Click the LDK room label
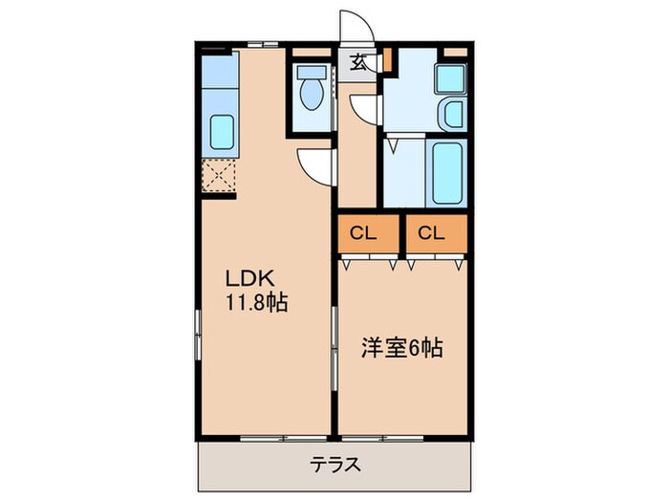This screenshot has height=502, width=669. pyautogui.click(x=250, y=278)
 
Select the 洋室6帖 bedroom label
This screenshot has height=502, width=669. pyautogui.click(x=400, y=349)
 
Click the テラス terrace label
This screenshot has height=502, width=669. pyautogui.click(x=334, y=466)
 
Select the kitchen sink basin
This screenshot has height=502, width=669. pyautogui.click(x=222, y=131)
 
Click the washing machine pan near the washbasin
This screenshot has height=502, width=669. pyautogui.click(x=448, y=77)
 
